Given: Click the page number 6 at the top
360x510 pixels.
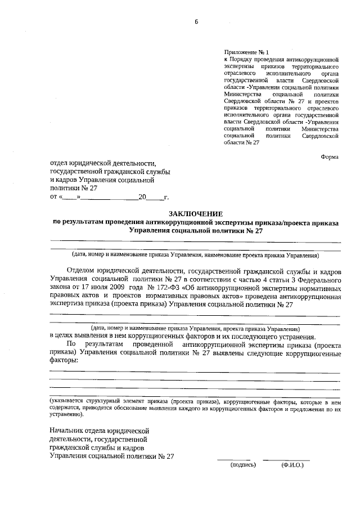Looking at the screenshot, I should (197, 22).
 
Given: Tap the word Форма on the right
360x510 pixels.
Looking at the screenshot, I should (330, 157).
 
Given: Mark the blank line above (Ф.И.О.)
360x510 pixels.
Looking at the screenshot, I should (291, 459).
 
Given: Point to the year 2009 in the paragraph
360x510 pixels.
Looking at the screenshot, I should (110, 287).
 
